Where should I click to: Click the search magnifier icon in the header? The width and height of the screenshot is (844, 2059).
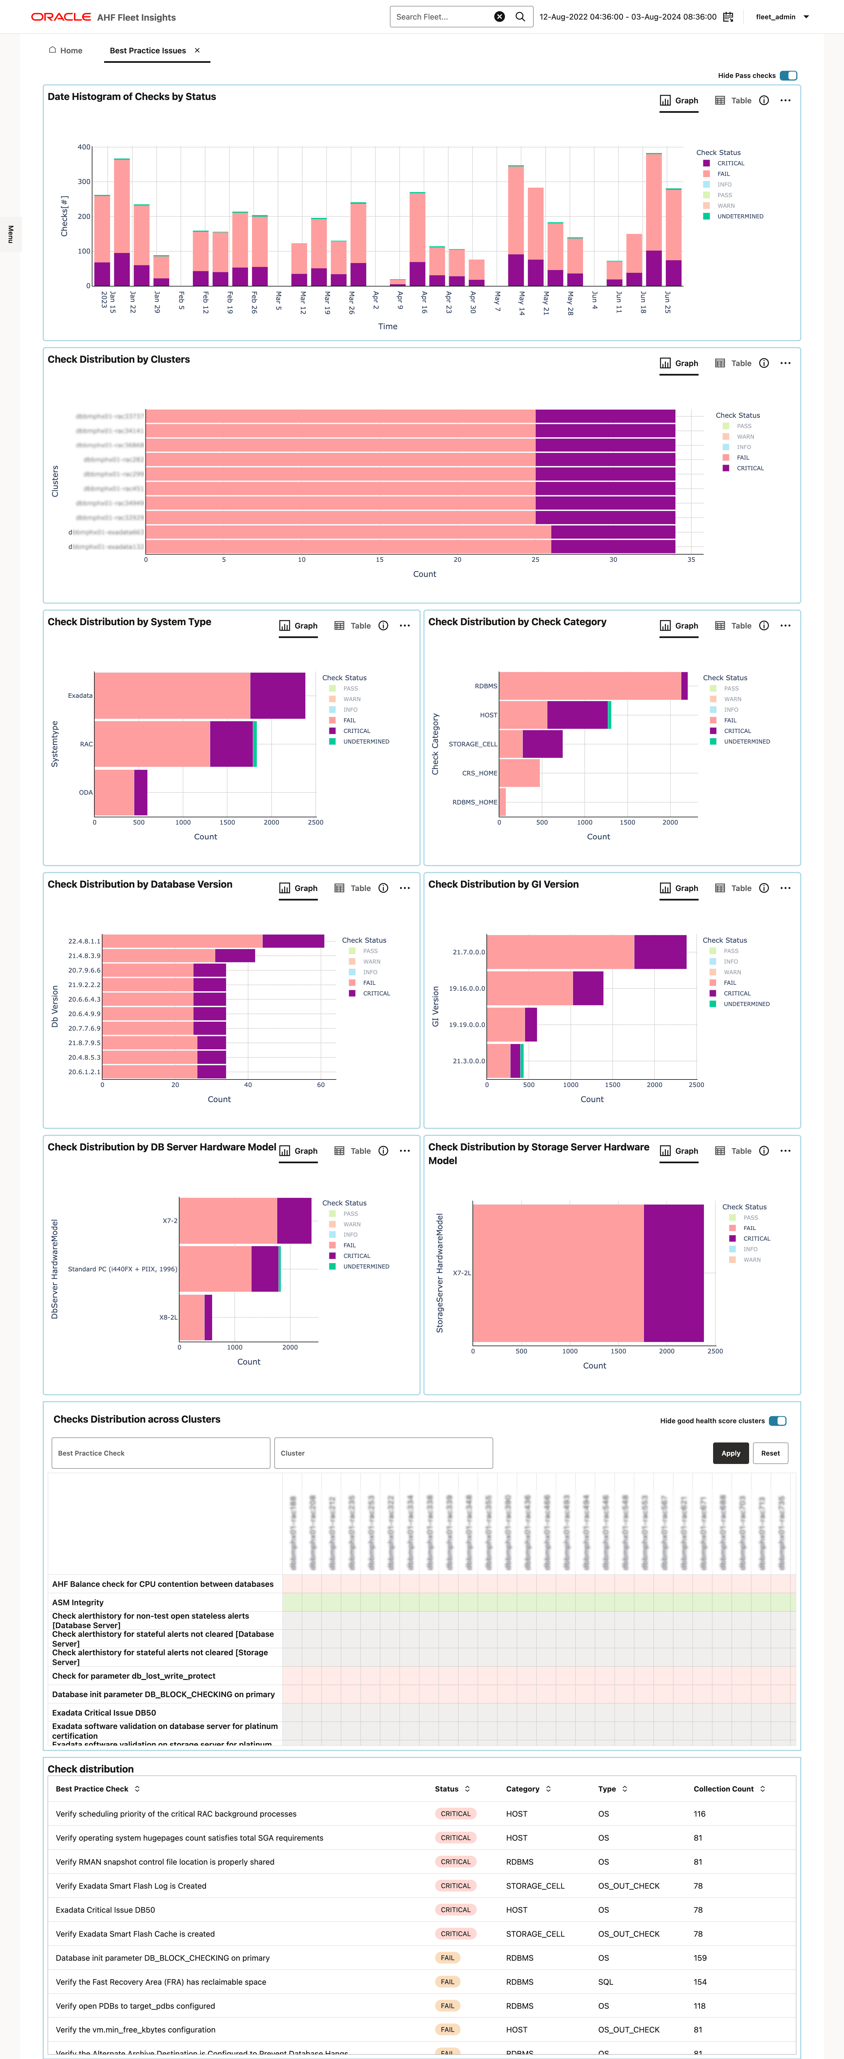point(520,17)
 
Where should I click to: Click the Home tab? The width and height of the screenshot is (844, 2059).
point(66,50)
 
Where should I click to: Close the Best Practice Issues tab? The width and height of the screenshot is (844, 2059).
point(197,50)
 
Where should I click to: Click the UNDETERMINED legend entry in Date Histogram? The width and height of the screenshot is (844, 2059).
point(739,217)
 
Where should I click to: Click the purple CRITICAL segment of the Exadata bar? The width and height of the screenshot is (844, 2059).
point(277,695)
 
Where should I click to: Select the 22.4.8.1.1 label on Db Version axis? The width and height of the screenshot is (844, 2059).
point(84,941)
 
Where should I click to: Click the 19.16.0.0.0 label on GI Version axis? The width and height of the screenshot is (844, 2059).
point(467,989)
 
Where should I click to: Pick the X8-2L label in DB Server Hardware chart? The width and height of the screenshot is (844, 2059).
point(168,1317)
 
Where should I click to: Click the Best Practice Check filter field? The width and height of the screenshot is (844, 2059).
point(161,1453)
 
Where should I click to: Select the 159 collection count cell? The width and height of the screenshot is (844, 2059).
point(700,1957)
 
